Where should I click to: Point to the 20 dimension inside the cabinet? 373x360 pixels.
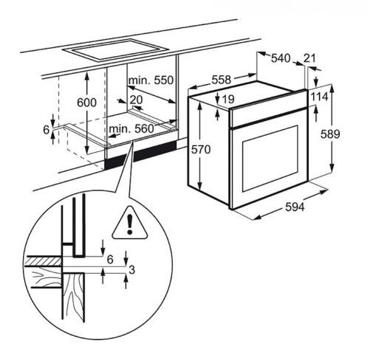pos(136,100)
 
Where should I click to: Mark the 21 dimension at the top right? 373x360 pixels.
pos(309,58)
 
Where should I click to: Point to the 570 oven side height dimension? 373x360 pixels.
pos(211,150)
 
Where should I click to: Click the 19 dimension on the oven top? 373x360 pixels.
pos(227,98)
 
